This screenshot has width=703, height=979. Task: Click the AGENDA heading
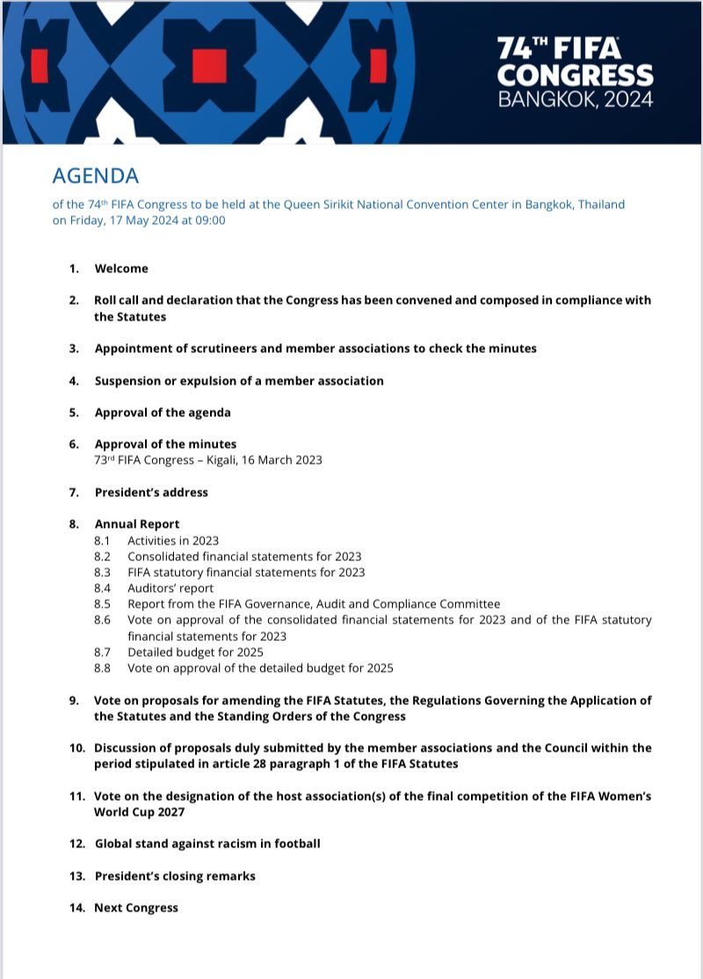pyautogui.click(x=96, y=176)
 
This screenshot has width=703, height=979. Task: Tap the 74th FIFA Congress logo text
pyautogui.click(x=576, y=71)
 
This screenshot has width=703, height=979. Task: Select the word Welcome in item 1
pyautogui.click(x=121, y=269)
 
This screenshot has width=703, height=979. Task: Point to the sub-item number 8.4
pyautogui.click(x=103, y=588)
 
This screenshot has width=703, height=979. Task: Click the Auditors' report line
pyautogui.click(x=170, y=588)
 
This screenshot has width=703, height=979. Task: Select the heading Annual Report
pyautogui.click(x=137, y=524)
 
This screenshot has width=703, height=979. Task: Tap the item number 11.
pyautogui.click(x=76, y=796)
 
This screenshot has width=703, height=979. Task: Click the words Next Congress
pyautogui.click(x=136, y=908)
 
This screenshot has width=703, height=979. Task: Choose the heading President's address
pyautogui.click(x=151, y=493)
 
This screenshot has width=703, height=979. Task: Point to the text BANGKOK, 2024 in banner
pyautogui.click(x=576, y=99)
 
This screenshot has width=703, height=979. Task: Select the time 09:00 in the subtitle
pyautogui.click(x=207, y=220)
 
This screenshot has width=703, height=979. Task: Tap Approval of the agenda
pyautogui.click(x=163, y=413)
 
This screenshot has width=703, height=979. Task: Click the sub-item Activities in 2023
pyautogui.click(x=173, y=541)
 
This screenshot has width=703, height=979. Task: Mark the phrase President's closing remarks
pyautogui.click(x=175, y=876)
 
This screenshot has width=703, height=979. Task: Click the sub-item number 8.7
pyautogui.click(x=103, y=652)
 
